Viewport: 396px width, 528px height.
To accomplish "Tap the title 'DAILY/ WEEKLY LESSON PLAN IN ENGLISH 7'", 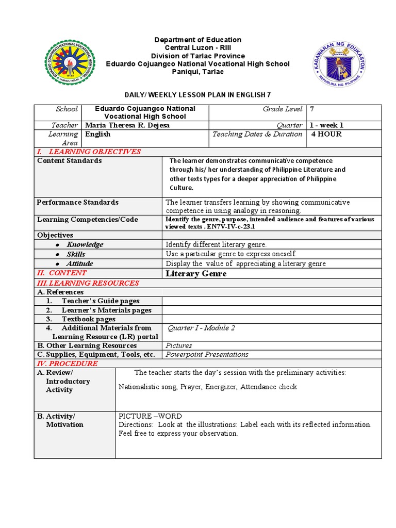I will tap(198, 95).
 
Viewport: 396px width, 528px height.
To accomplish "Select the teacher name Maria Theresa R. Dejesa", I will tap(127, 125).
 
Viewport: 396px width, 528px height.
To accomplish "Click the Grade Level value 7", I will tap(312, 109).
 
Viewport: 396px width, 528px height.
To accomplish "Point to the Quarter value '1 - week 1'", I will tap(326, 125).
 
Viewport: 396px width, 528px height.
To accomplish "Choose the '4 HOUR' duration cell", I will tap(326, 134).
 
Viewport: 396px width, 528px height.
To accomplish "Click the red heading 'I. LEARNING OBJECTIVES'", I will tap(88, 152).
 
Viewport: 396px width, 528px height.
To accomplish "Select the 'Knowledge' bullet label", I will tap(85, 244).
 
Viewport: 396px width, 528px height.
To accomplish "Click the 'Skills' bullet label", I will tap(76, 254).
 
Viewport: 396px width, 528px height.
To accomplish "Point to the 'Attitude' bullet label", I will tap(79, 263).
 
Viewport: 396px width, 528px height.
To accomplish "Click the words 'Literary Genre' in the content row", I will tap(195, 273).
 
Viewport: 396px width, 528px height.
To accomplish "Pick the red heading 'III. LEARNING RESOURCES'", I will tap(88, 283).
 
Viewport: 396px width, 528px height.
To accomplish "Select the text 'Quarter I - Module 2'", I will tap(202, 328).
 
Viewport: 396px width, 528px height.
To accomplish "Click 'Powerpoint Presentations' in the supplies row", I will tap(207, 354).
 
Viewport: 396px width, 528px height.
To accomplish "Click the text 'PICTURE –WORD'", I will tap(150, 416).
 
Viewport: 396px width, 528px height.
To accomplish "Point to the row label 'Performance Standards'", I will tap(77, 202).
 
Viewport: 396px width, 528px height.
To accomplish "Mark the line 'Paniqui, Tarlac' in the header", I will tap(197, 71).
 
